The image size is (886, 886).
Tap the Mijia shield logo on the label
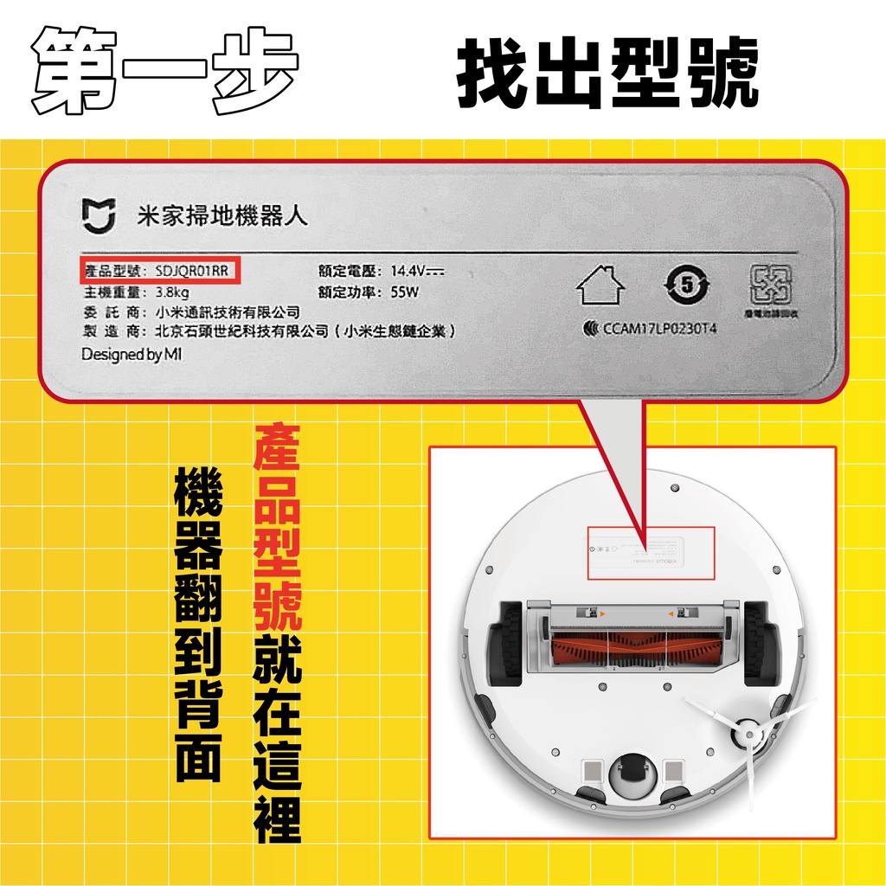click(x=98, y=216)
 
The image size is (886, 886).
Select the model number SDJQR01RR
click(x=192, y=271)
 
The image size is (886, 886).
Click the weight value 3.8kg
click(x=172, y=292)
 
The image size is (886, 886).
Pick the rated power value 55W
click(x=404, y=292)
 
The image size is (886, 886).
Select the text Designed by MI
click(x=132, y=355)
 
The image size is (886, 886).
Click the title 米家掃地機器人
click(x=222, y=215)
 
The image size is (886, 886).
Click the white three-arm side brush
click(x=747, y=735)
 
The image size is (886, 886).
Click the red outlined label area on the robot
click(x=651, y=553)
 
